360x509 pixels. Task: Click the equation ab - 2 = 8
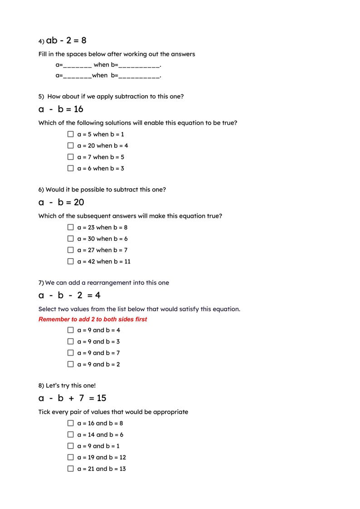click(x=66, y=41)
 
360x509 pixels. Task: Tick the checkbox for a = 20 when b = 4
click(x=70, y=146)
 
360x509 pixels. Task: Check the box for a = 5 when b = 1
click(x=70, y=134)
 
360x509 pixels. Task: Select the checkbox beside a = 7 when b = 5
click(x=70, y=157)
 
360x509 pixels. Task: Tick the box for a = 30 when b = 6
click(x=70, y=239)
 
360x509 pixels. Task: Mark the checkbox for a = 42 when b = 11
click(x=70, y=261)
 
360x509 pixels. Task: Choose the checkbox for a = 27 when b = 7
click(x=70, y=250)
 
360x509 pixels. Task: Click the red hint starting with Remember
click(x=92, y=319)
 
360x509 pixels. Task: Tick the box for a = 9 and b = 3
click(x=70, y=342)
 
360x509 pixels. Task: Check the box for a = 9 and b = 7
click(x=70, y=353)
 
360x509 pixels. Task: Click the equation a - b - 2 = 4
click(x=69, y=296)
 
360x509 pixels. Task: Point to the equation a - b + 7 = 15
click(x=72, y=398)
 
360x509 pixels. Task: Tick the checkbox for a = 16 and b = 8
click(x=70, y=423)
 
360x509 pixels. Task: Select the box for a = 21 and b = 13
click(x=70, y=469)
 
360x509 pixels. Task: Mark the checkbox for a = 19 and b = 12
click(x=70, y=457)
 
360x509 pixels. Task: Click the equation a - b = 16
click(x=61, y=109)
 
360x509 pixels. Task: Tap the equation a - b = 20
click(x=61, y=202)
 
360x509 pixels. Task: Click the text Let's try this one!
click(x=71, y=386)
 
